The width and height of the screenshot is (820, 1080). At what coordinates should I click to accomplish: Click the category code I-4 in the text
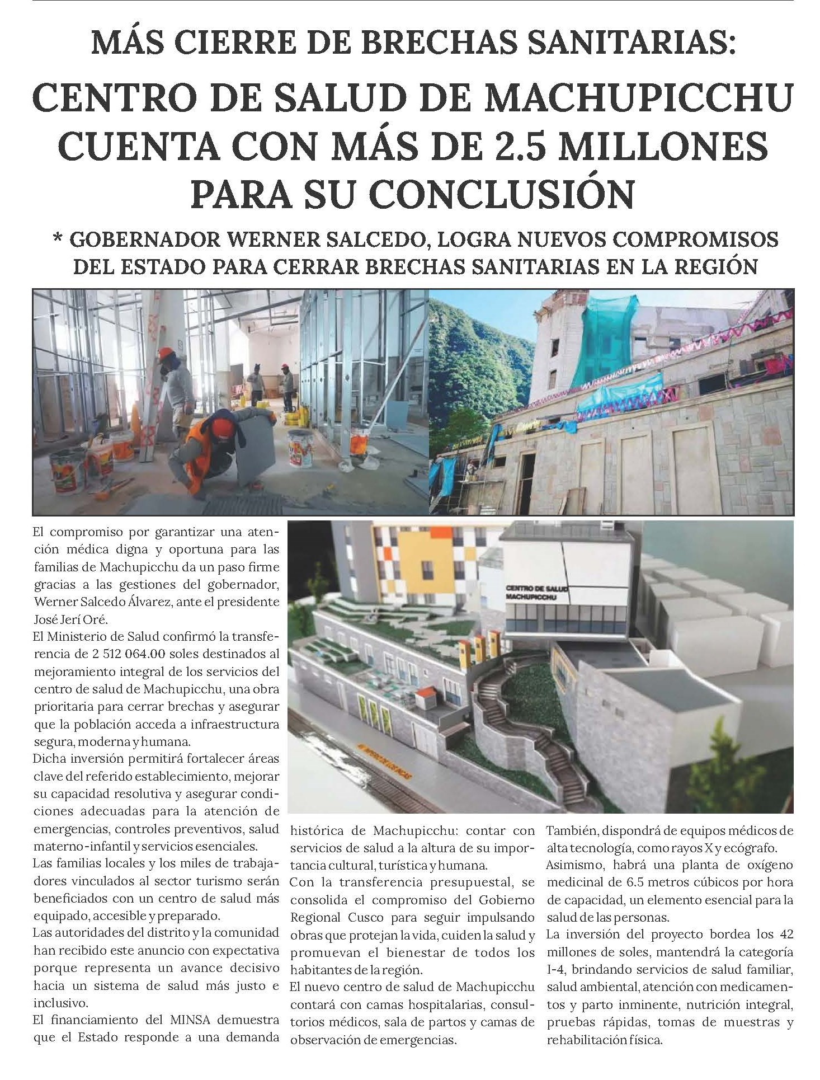click(558, 969)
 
